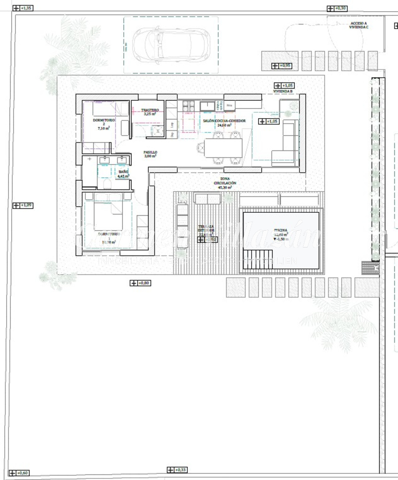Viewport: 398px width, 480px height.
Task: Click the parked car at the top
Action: [x=170, y=45]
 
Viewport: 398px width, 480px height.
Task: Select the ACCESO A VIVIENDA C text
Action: [x=359, y=25]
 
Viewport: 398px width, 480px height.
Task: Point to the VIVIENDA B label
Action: [x=283, y=92]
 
